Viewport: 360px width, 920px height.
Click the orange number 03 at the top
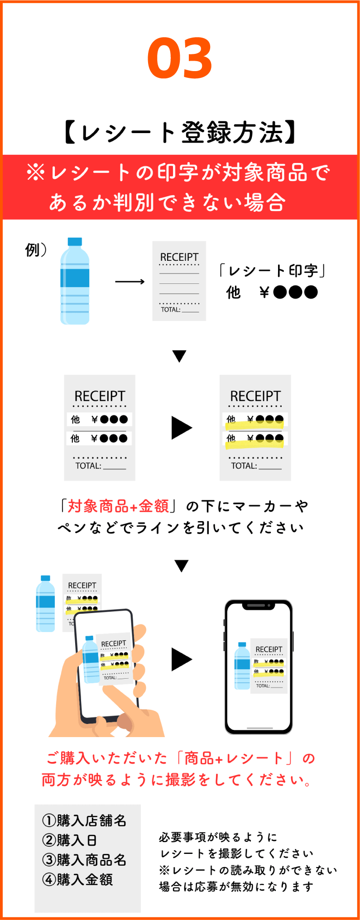(180, 58)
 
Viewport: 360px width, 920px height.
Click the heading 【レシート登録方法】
(180, 133)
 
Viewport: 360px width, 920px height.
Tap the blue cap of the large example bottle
(75, 242)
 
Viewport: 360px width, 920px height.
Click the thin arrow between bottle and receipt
(130, 282)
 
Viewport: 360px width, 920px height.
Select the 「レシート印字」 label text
(272, 271)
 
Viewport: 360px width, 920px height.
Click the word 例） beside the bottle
(35, 249)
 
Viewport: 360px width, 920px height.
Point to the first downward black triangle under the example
(179, 356)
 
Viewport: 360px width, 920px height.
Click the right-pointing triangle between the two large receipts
(181, 428)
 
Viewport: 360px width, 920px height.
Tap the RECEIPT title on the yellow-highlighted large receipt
(255, 396)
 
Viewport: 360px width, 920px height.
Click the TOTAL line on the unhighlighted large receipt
(100, 466)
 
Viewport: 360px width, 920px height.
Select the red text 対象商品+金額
(118, 506)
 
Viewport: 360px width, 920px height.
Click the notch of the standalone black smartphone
(258, 605)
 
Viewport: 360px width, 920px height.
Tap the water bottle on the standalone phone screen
(242, 666)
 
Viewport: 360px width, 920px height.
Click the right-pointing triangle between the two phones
(181, 659)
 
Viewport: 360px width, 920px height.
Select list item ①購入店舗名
(84, 820)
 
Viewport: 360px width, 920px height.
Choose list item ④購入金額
(77, 880)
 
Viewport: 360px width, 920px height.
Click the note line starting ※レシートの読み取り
(248, 870)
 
